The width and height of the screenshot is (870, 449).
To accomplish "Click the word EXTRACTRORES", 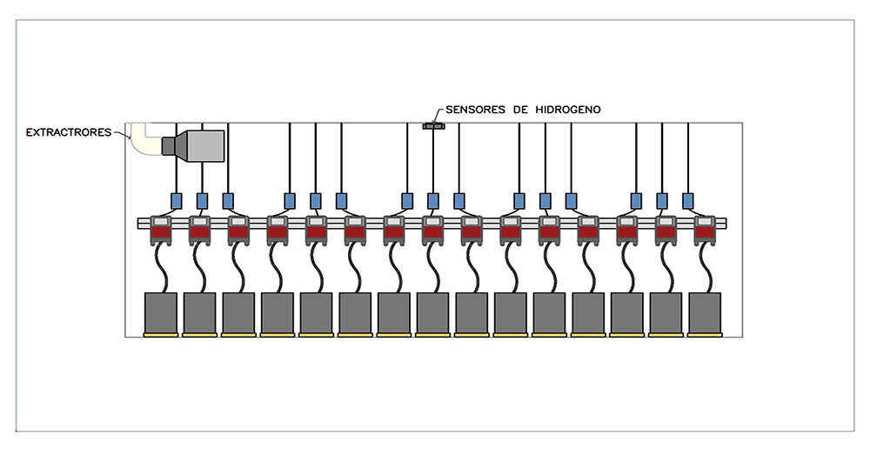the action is pos(69,132).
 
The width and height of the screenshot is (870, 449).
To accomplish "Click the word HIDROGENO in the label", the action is pos(567,110).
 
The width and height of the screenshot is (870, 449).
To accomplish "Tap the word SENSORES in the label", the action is pos(476,110).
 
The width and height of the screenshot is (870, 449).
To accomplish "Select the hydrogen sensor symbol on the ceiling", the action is pos(433,126).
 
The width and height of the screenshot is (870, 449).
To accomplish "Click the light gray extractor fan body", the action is pos(205,146).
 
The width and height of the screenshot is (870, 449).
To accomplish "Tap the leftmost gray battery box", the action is pos(161,312).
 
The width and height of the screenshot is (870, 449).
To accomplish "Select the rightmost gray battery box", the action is pos(705,312).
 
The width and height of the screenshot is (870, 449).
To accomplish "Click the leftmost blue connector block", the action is pos(176,201).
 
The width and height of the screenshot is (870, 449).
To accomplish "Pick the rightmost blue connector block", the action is pos(687,201).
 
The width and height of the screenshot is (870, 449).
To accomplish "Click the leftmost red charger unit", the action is pos(161,230).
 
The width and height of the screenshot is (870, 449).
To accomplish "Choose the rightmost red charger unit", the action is pos(705,230).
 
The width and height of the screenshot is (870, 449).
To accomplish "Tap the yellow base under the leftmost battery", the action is pos(161,335).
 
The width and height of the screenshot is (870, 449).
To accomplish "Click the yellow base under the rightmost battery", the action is pos(705,335).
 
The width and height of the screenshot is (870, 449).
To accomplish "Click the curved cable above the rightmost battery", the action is pos(706,268).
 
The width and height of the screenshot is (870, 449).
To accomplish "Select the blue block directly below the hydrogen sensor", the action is pos(432,201).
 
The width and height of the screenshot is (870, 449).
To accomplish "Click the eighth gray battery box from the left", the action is pos(432,312).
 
